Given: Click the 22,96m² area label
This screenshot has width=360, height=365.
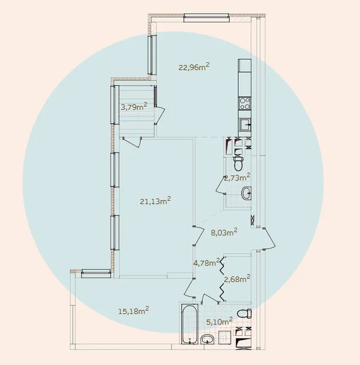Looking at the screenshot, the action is (x=194, y=67).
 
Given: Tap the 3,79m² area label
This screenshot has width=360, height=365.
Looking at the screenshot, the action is (x=134, y=107).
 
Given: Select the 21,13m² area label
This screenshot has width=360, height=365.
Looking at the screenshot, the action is (x=156, y=201).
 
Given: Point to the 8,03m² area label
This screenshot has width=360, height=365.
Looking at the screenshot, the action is (x=224, y=232).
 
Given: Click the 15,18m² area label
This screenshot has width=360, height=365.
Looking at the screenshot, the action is (x=134, y=311).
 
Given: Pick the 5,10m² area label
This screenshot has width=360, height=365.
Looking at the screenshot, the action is (x=219, y=322).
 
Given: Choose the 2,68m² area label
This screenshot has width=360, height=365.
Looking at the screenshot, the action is (x=237, y=279).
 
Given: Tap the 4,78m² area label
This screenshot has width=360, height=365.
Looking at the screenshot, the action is (x=207, y=262).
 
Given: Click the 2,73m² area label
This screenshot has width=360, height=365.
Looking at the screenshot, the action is (x=237, y=177).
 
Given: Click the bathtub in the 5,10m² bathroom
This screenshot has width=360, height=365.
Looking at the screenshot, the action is (x=190, y=325).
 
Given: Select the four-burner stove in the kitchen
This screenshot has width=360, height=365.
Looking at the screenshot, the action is (x=244, y=103).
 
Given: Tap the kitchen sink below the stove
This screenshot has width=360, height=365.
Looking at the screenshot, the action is (x=245, y=125).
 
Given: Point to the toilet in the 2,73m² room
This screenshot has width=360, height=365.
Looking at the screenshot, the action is (x=238, y=163).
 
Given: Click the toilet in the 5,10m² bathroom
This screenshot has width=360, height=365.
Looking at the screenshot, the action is (x=244, y=313).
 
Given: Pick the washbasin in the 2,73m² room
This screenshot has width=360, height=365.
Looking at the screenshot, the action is (x=246, y=193).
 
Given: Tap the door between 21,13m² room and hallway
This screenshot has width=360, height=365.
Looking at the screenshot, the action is (x=199, y=236).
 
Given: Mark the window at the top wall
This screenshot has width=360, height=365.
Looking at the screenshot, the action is (x=206, y=18).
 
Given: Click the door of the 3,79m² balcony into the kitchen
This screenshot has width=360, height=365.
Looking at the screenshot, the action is (x=159, y=115).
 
